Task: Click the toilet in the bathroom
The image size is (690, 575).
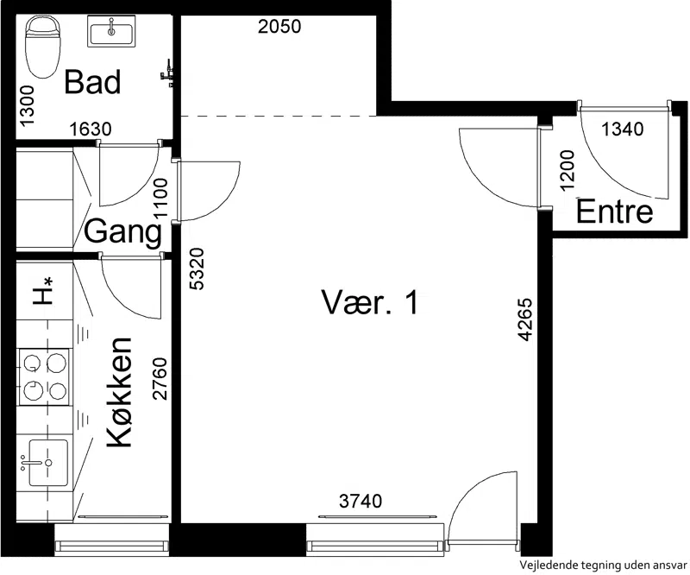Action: pyautogui.click(x=41, y=47)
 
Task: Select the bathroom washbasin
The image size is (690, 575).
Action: pyautogui.click(x=111, y=31)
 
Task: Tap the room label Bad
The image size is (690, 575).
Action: pyautogui.click(x=92, y=82)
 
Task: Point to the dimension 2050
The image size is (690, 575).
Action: pyautogui.click(x=279, y=27)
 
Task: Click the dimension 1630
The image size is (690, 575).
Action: pyautogui.click(x=91, y=130)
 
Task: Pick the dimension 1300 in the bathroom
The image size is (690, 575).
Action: pyautogui.click(x=27, y=105)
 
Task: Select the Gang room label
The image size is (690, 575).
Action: pyautogui.click(x=122, y=231)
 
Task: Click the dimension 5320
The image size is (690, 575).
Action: pyautogui.click(x=197, y=269)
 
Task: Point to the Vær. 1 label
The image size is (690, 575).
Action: pyautogui.click(x=370, y=302)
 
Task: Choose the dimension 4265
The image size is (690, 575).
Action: pyautogui.click(x=525, y=320)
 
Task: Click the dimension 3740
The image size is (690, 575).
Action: pyautogui.click(x=361, y=501)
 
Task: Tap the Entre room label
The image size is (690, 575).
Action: pyautogui.click(x=614, y=212)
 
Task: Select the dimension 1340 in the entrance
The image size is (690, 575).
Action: pyautogui.click(x=622, y=130)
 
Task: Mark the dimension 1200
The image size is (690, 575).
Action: pyautogui.click(x=568, y=170)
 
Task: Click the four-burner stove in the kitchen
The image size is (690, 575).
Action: pyautogui.click(x=44, y=376)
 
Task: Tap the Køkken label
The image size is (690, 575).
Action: pyautogui.click(x=120, y=393)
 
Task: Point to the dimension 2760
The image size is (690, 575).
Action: pyautogui.click(x=160, y=378)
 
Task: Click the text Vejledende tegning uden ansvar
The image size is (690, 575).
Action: pyautogui.click(x=603, y=565)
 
